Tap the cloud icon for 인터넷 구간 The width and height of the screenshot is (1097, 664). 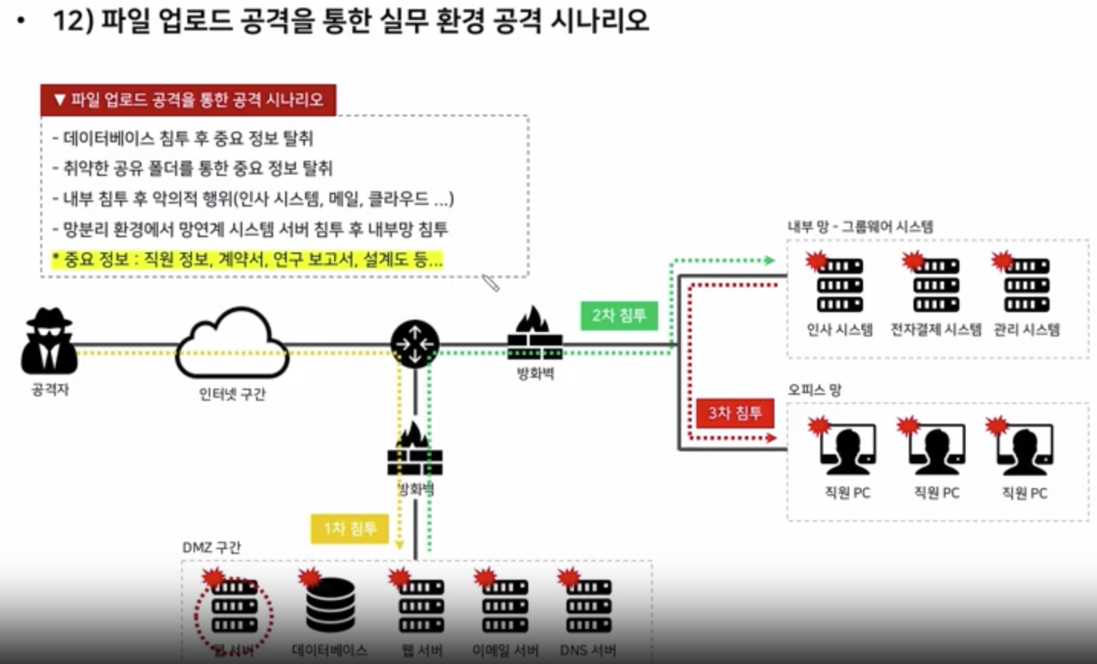tap(232, 343)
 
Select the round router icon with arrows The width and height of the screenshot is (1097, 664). tap(415, 344)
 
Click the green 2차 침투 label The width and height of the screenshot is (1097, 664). tap(619, 315)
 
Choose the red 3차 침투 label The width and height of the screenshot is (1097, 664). tap(735, 414)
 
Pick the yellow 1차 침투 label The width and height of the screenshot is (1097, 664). tap(350, 529)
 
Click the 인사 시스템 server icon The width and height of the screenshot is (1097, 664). tap(839, 285)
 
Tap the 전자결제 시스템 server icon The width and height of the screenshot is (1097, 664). tap(936, 285)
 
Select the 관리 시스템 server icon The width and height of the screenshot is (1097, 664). tap(1027, 285)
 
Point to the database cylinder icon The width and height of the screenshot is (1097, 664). tap(330, 606)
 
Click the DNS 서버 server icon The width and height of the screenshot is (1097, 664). tap(589, 606)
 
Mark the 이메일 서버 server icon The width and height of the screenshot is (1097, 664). tap(505, 606)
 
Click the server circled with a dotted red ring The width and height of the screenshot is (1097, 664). tap(234, 607)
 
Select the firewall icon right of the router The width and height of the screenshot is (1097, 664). tap(535, 334)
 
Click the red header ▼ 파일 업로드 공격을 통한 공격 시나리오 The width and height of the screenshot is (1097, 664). tap(188, 100)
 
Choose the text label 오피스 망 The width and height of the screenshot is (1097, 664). tap(814, 389)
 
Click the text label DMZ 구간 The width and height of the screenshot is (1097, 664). tap(212, 548)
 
